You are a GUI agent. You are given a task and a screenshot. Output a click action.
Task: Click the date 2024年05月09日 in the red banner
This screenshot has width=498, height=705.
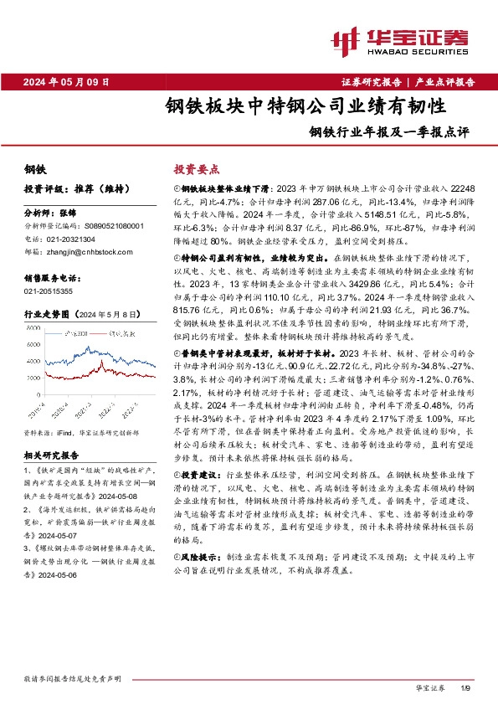point(74,81)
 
